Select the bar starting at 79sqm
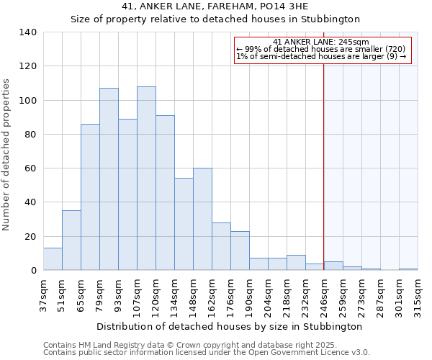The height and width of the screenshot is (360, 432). click(109, 179)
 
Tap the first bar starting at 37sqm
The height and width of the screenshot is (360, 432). click(53, 259)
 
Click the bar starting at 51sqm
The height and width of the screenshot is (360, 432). click(71, 240)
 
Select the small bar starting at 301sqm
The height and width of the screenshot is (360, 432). click(408, 269)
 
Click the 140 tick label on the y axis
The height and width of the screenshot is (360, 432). click(28, 32)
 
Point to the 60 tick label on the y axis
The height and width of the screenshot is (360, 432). click(31, 168)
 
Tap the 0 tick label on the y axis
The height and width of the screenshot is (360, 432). click(34, 271)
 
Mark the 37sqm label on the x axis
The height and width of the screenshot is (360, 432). click(43, 294)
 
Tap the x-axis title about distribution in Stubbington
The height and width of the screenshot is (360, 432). click(229, 326)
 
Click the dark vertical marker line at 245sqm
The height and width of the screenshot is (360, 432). click(323, 166)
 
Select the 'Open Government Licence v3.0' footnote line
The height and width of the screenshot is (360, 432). click(207, 353)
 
